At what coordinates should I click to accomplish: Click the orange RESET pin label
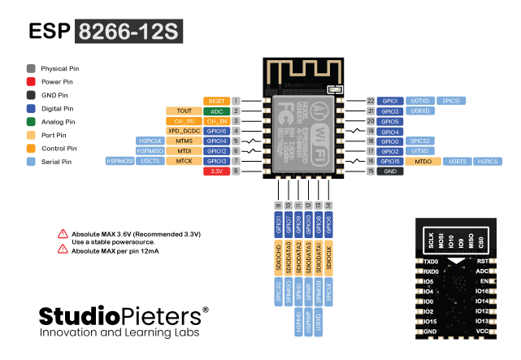pyautogui.click(x=217, y=101)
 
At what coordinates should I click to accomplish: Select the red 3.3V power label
pyautogui.click(x=217, y=171)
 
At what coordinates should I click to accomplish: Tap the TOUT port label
pyautogui.click(x=183, y=111)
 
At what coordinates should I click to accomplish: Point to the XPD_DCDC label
pyautogui.click(x=183, y=130)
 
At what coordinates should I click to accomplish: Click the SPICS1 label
pyautogui.click(x=450, y=101)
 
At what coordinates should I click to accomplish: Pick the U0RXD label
pyautogui.click(x=419, y=111)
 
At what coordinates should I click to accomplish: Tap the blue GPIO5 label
pyautogui.click(x=389, y=121)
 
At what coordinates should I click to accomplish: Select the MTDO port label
pyautogui.click(x=423, y=162)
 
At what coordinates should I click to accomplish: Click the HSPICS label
pyautogui.click(x=487, y=162)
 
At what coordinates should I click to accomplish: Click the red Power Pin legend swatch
pyautogui.click(x=30, y=82)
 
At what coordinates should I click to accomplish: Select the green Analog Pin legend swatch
pyautogui.click(x=30, y=122)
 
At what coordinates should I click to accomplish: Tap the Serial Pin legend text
pyautogui.click(x=57, y=162)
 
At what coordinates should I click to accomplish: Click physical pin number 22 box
pyautogui.click(x=370, y=101)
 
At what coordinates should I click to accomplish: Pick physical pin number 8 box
pyautogui.click(x=236, y=171)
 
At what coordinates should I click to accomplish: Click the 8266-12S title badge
pyautogui.click(x=129, y=31)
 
